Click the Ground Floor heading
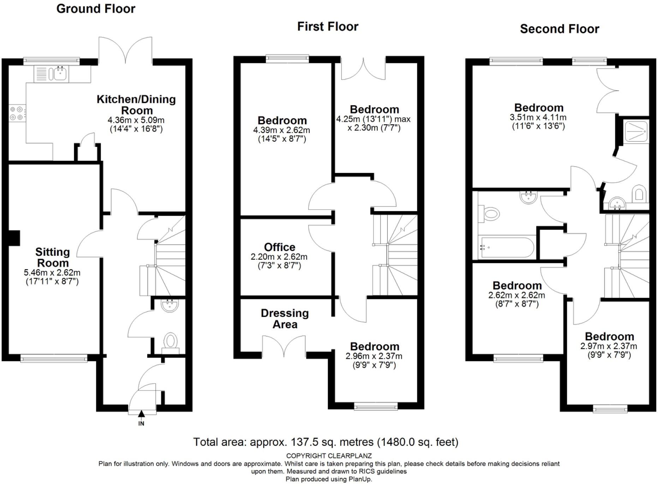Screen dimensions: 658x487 (96, 9)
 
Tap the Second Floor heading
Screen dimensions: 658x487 (560, 29)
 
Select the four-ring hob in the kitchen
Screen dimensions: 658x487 (17, 113)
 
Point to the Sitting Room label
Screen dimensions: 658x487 (53, 257)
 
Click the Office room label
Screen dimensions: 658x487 (280, 247)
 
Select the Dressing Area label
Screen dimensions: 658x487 (285, 318)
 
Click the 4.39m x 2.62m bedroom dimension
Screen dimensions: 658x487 (281, 130)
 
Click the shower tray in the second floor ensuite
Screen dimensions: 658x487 (636, 131)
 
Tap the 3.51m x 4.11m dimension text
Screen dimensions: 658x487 (538, 117)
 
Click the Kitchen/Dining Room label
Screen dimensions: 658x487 (136, 105)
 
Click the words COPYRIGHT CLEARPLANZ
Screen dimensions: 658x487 (329, 456)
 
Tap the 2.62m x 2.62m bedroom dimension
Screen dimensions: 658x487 (516, 295)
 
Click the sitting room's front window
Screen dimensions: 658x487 (54, 359)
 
